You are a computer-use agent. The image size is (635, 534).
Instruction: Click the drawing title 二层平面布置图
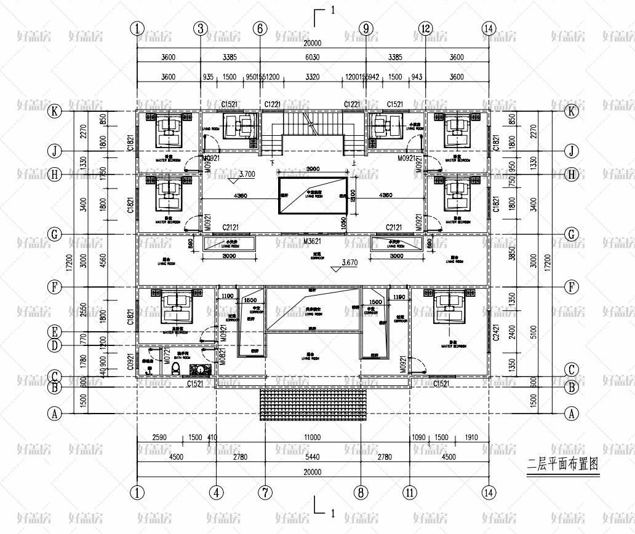pos(562,463)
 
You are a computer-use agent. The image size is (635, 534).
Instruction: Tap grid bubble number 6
pos(260,28)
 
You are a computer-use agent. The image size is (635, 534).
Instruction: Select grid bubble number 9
pos(365,28)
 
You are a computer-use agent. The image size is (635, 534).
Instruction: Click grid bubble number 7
pos(265,492)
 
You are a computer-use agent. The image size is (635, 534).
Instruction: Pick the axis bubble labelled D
pos(55,345)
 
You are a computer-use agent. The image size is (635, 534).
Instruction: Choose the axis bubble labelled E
pos(55,332)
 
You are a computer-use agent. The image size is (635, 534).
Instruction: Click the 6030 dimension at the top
pos(313,57)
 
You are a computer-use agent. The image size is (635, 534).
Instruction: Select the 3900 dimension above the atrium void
pos(313,169)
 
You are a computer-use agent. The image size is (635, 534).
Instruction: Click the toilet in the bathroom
pos(177,369)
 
